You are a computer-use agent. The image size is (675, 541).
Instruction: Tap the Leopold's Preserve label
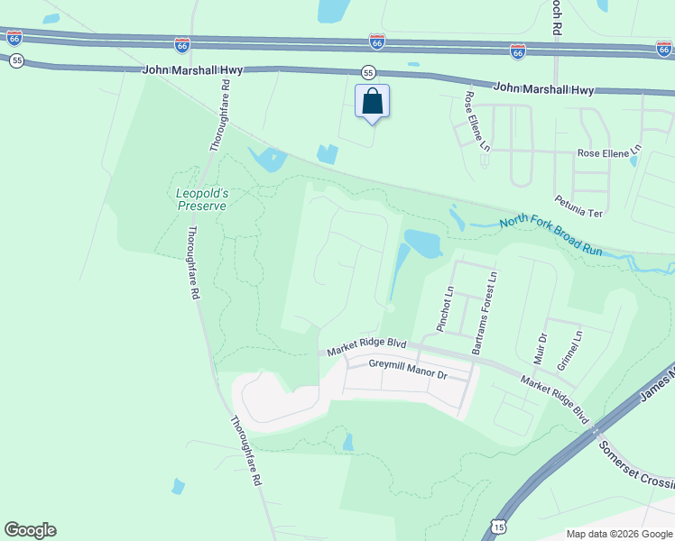point(200,198)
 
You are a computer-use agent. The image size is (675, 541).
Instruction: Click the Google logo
point(30,530)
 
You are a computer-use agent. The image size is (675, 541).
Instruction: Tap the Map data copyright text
point(618,534)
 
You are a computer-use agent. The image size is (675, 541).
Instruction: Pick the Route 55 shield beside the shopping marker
point(368,71)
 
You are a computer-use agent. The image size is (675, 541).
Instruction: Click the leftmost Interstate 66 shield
point(14,38)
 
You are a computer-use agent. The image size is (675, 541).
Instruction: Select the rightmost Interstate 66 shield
point(664,49)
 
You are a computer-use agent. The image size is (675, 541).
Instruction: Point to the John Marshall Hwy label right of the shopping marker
point(543,89)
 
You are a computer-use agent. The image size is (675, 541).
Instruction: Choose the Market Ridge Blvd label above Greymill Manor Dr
point(366,344)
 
